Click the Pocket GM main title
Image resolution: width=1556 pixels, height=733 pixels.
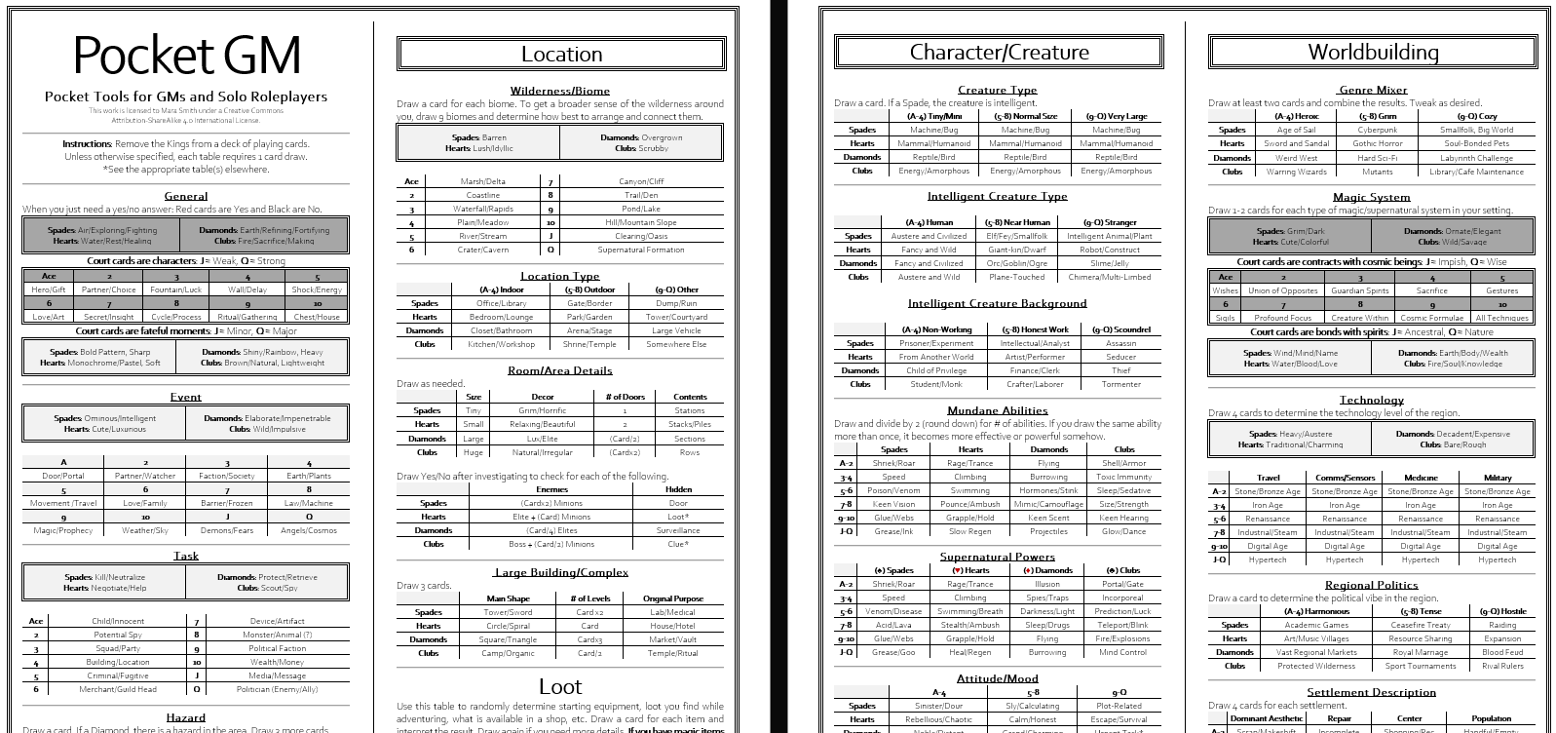tap(186, 56)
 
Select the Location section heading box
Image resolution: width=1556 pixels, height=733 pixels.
tap(561, 55)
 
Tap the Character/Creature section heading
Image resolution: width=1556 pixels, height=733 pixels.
tap(999, 53)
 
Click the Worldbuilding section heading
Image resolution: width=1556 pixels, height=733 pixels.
tap(1373, 52)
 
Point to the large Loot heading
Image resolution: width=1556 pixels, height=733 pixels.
tap(560, 686)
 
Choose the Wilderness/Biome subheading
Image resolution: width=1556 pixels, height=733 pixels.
tap(560, 91)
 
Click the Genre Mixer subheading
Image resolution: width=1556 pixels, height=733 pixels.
tap(1372, 90)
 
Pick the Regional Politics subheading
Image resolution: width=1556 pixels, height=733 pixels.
tap(1371, 585)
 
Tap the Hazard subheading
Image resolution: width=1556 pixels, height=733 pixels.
tap(185, 717)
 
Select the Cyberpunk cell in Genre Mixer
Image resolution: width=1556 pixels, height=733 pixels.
tap(1378, 130)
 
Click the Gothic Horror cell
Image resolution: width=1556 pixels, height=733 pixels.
tap(1378, 143)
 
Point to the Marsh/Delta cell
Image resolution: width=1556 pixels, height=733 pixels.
tap(482, 181)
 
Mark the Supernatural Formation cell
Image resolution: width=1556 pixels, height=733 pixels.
tap(641, 250)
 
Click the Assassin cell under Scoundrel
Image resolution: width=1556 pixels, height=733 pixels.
tap(1120, 343)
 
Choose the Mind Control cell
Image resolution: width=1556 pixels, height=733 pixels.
tap(1122, 652)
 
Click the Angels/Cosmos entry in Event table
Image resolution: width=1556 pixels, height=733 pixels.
tap(309, 530)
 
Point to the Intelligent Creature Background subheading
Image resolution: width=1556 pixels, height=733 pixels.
tap(997, 303)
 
